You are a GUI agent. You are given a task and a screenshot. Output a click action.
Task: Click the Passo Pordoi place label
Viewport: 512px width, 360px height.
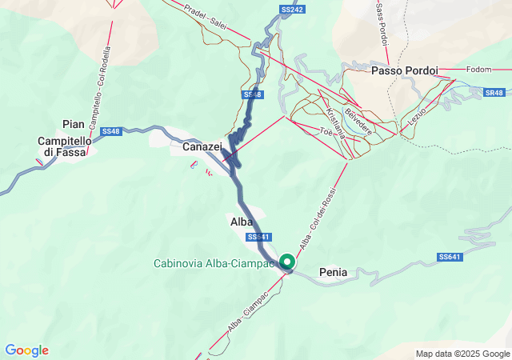tap(404, 70)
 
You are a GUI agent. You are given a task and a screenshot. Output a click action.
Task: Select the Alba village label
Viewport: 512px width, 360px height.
tap(242, 222)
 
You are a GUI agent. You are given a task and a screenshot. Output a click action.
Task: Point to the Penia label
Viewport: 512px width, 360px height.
tap(333, 272)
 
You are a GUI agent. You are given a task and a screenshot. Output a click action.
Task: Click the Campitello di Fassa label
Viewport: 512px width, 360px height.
tap(66, 146)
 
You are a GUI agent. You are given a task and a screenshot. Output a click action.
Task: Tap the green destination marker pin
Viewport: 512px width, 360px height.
tap(286, 262)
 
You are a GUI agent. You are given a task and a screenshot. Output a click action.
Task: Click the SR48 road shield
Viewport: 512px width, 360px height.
tap(494, 93)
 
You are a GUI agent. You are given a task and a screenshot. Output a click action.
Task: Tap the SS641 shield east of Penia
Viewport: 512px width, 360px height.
tap(450, 257)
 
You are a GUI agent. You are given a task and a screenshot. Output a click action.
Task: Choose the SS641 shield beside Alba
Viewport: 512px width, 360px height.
tap(258, 237)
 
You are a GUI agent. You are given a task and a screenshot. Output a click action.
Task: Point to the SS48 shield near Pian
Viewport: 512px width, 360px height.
tap(111, 131)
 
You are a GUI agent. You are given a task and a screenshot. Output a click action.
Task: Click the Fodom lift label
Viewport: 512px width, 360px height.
tap(478, 70)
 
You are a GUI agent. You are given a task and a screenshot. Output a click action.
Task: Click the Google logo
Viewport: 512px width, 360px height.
tap(26, 350)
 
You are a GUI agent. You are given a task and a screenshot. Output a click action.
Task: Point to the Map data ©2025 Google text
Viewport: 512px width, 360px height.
tap(462, 354)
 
